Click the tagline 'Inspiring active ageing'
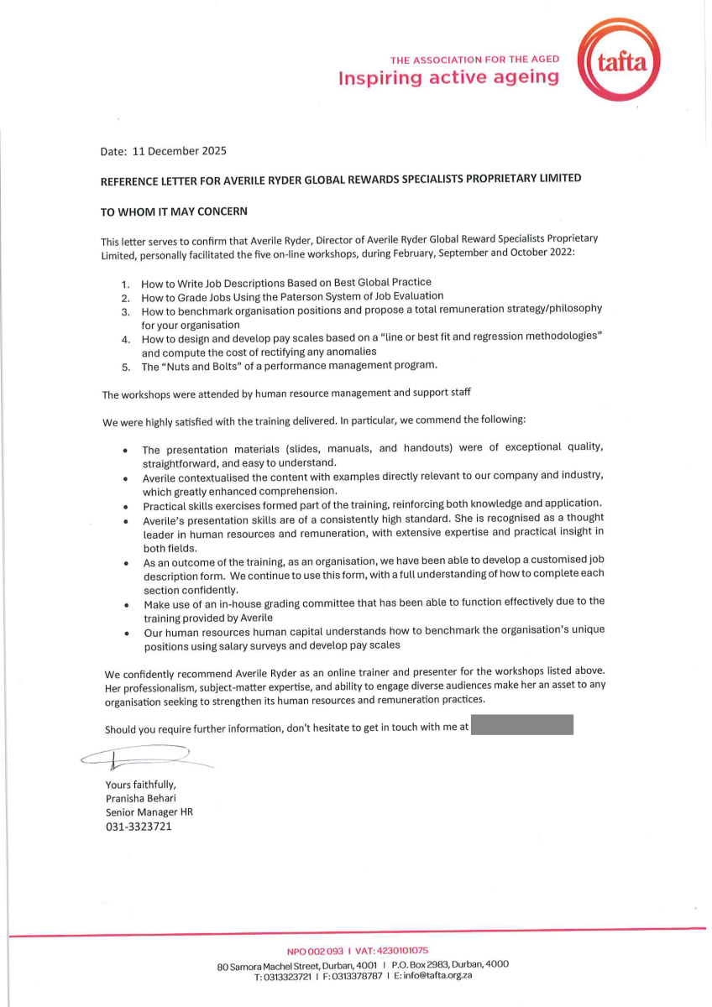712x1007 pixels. point(448,78)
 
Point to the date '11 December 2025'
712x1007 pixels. point(180,152)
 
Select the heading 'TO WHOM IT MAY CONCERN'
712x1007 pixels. point(174,211)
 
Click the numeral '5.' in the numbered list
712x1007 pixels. point(126,367)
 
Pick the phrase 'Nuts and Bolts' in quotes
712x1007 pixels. point(200,366)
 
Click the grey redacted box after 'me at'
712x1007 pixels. point(522,725)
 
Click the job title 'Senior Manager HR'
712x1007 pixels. point(149,812)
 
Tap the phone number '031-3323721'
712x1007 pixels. point(139,827)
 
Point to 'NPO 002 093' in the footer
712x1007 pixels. point(316,951)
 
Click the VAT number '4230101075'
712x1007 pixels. point(402,951)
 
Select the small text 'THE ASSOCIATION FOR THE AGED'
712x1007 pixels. point(474,60)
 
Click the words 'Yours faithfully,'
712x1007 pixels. point(141,785)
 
